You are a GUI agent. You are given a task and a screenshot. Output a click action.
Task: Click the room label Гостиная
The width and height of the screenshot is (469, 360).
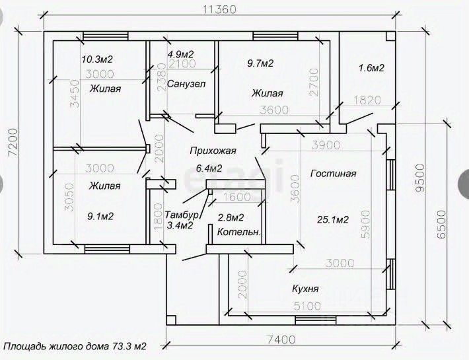[332, 174]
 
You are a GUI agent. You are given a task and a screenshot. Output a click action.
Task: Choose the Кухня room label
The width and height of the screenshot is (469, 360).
[305, 289]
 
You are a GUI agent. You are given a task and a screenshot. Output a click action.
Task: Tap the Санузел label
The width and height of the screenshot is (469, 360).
[186, 84]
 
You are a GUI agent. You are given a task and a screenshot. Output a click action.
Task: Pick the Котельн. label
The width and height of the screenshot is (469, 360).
[239, 232]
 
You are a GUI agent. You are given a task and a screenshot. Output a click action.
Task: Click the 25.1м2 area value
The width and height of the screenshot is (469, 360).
[332, 219]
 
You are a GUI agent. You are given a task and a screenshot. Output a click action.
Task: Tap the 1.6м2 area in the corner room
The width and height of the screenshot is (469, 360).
[371, 67]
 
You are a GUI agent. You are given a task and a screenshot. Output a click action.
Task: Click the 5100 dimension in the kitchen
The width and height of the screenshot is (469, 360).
[307, 306]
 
